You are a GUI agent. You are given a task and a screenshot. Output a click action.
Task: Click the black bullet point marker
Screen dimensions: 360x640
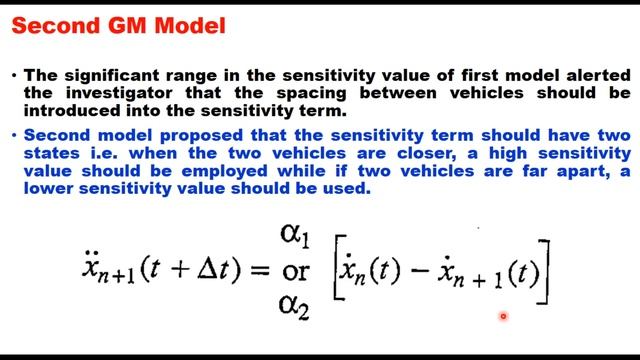pyautogui.click(x=14, y=75)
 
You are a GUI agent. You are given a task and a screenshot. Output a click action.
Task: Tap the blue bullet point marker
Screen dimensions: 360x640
pyautogui.click(x=14, y=134)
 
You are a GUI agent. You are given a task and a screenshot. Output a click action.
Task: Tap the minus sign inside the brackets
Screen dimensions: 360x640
pyautogui.click(x=417, y=272)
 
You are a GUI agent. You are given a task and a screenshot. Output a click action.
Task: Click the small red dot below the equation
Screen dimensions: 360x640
pyautogui.click(x=503, y=317)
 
